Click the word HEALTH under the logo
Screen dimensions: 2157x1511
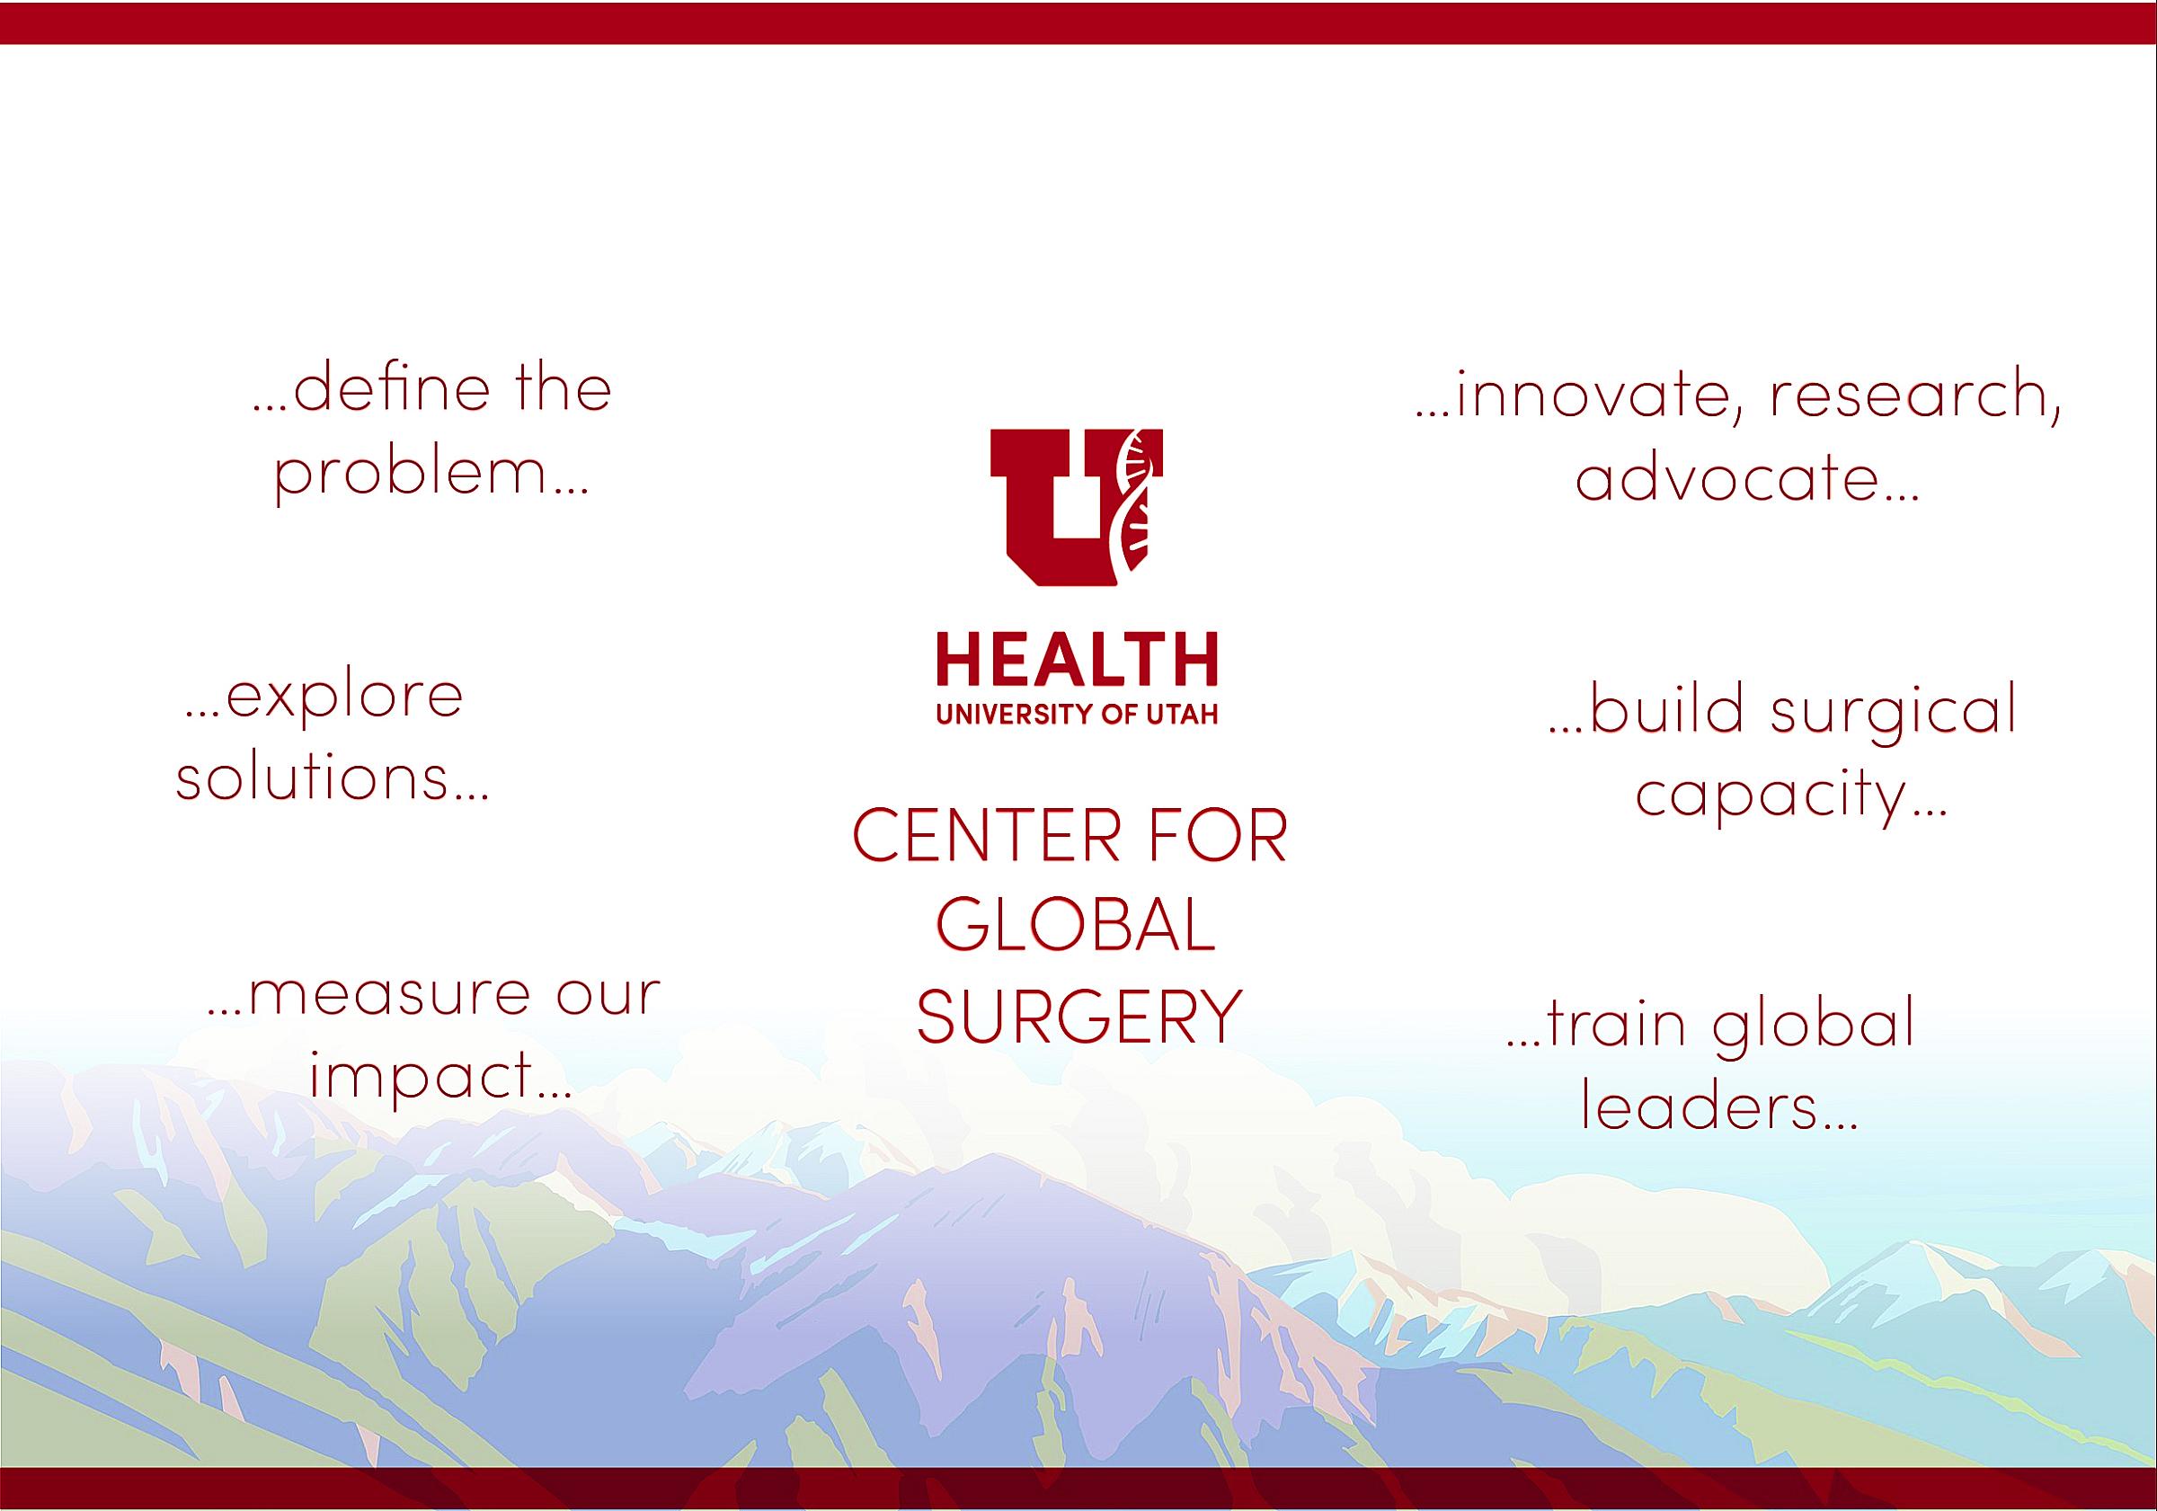1077,660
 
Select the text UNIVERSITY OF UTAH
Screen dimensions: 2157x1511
1077,716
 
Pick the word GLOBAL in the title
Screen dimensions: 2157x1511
1077,926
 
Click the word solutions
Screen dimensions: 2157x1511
313,776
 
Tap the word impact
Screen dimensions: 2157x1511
422,1076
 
